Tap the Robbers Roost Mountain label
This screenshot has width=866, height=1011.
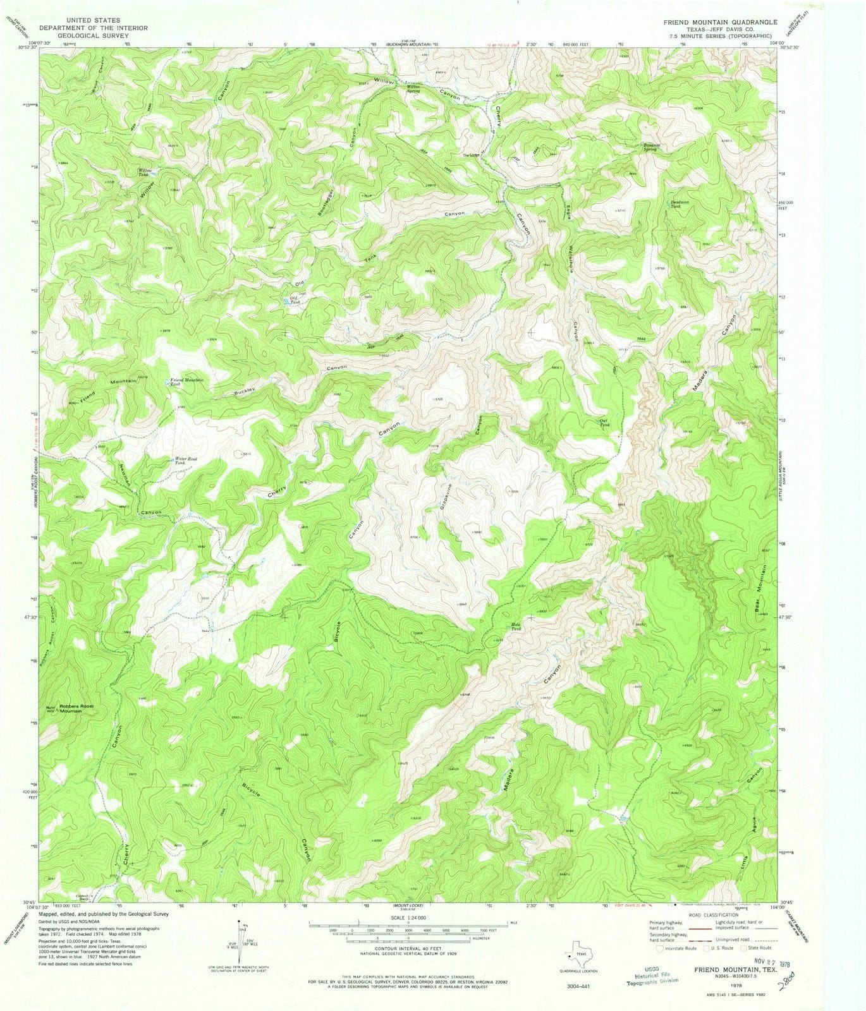81,708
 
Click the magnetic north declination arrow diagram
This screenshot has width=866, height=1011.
243,938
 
